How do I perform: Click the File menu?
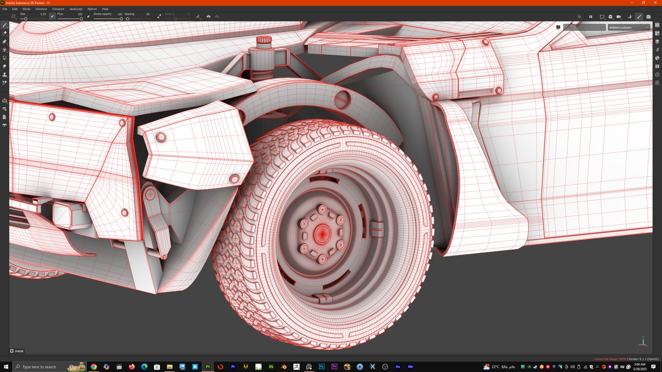pos(5,9)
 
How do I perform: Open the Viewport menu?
pos(58,9)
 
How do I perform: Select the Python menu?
pos(92,9)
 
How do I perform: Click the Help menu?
pos(105,9)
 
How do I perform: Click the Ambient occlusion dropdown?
pos(628,28)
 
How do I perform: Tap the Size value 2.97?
pos(43,14)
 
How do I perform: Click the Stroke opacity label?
pos(102,14)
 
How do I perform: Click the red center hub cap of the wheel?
pos(322,234)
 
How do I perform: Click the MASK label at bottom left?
pos(19,351)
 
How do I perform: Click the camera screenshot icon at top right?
pos(648,17)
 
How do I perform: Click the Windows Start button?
pos(6,366)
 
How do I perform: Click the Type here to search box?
pos(45,366)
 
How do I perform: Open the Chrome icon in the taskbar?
pos(93,366)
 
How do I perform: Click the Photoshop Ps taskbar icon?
pos(322,366)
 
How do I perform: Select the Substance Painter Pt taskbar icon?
pos(208,366)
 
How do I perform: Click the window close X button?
pos(655,3)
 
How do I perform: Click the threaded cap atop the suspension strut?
pos(264,40)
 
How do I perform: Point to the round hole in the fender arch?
pos(342,99)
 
